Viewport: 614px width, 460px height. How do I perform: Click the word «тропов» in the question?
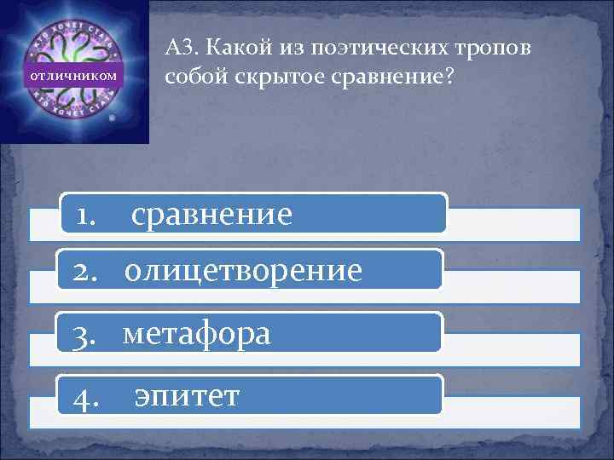pos(495,48)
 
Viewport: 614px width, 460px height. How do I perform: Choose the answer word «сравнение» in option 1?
pos(211,214)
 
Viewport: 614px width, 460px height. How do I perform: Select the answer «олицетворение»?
pos(243,270)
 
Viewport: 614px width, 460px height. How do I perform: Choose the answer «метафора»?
pos(197,333)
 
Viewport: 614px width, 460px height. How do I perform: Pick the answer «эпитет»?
pos(187,394)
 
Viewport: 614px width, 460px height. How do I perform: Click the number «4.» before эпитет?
pos(87,395)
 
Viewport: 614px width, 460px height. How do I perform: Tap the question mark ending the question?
pos(451,78)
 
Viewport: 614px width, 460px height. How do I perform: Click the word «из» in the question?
pos(295,48)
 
